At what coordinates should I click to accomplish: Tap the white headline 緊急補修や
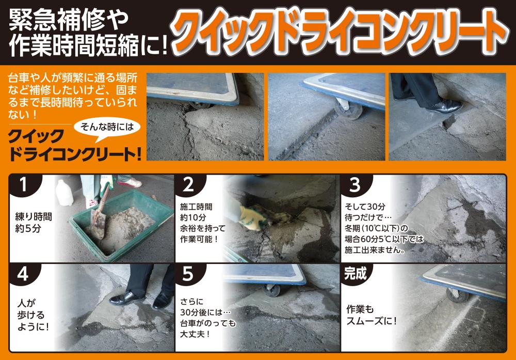coord(69,21)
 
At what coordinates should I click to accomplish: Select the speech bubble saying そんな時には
coord(107,128)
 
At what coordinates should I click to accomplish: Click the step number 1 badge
coord(24,184)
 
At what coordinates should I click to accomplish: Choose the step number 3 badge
coord(355,184)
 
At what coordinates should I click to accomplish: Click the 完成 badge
coord(356,273)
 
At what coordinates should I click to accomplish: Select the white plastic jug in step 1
coord(64,193)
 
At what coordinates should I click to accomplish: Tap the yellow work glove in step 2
coord(251,218)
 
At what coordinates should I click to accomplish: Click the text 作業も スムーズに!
coord(371,315)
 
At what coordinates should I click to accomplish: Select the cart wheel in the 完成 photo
coord(457,295)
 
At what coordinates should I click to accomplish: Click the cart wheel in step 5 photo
coord(272,290)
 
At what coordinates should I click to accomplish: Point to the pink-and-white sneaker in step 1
coord(130,182)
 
